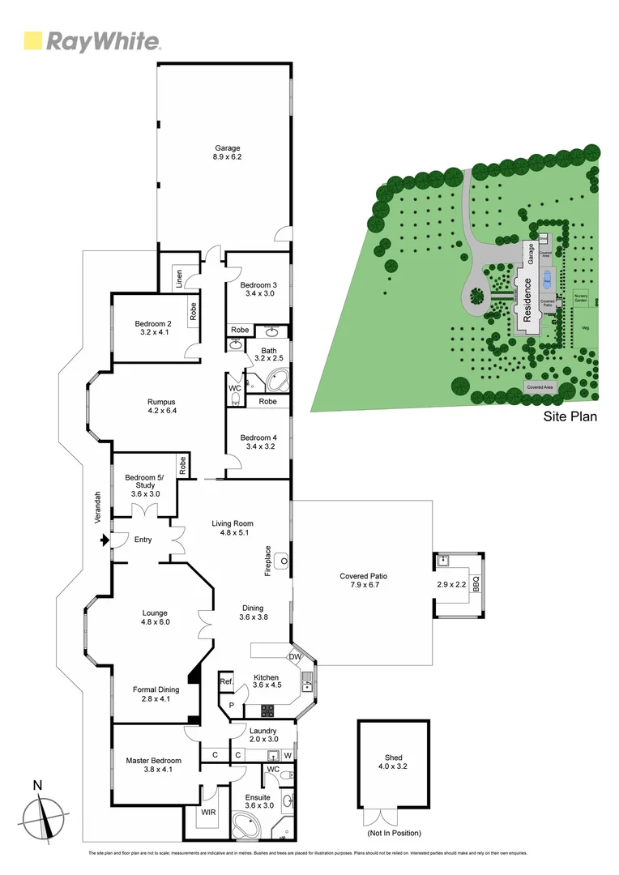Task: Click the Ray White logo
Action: pyautogui.click(x=92, y=41)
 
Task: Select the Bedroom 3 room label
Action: pyautogui.click(x=258, y=289)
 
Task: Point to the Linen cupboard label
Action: pyautogui.click(x=178, y=277)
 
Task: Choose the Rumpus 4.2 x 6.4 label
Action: pyautogui.click(x=161, y=407)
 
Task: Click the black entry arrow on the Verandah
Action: pyautogui.click(x=103, y=539)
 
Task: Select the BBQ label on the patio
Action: pyautogui.click(x=476, y=583)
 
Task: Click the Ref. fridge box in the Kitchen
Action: pyautogui.click(x=227, y=683)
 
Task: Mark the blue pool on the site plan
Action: pyautogui.click(x=548, y=280)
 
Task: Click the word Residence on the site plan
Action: pyautogui.click(x=527, y=301)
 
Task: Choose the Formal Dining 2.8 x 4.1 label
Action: pyautogui.click(x=156, y=694)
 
